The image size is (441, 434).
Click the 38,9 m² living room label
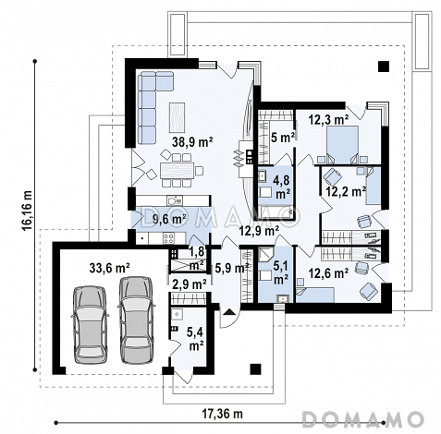192,142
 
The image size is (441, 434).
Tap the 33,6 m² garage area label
109,269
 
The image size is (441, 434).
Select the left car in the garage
90,324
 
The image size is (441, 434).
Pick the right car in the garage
136,320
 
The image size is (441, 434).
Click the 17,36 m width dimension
222,414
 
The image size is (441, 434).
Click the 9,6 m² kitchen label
169,219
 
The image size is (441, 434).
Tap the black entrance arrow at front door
228,312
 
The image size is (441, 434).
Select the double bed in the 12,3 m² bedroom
342,145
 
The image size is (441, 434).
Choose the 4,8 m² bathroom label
283,186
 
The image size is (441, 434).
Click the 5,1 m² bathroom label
281,272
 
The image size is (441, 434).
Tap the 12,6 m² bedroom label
328,272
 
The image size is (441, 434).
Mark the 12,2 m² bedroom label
346,192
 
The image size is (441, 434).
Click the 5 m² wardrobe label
283,138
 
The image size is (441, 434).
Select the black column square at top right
384,66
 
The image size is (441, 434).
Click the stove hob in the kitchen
169,238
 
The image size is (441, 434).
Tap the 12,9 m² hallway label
260,231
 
